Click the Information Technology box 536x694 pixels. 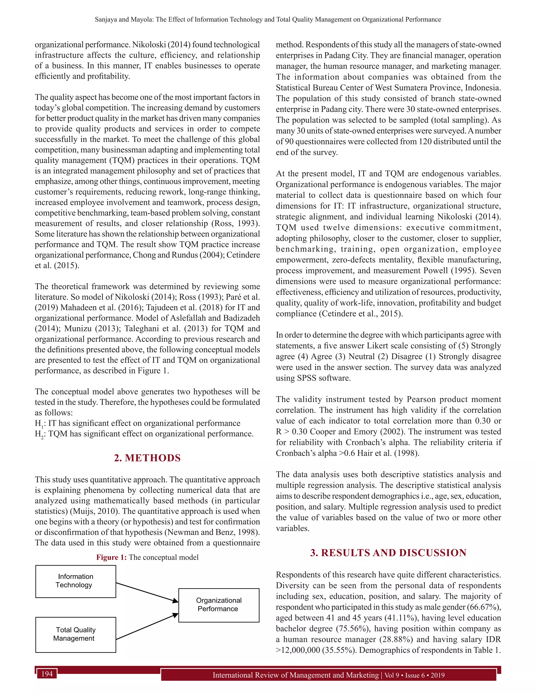[x=76, y=581]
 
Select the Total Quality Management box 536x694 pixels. [x=76, y=635]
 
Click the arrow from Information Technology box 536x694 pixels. [x=147, y=592]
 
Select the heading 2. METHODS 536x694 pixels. [x=147, y=458]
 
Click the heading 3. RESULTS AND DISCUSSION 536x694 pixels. [x=388, y=553]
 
